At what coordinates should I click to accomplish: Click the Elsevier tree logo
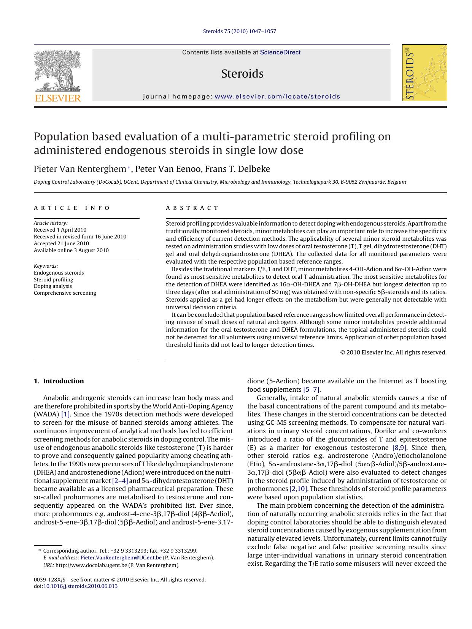click(x=58, y=72)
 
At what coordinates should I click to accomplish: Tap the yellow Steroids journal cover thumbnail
click(x=424, y=73)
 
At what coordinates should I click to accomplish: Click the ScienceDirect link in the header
click(x=280, y=52)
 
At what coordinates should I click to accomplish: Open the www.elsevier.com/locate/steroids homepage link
click(x=277, y=97)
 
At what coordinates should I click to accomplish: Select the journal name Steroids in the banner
click(x=242, y=74)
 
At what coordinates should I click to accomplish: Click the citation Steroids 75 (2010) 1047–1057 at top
click(x=240, y=31)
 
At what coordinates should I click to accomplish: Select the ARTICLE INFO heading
click(x=72, y=208)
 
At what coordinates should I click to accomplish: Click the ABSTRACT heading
click(x=192, y=208)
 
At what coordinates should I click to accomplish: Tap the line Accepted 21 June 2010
click(x=61, y=243)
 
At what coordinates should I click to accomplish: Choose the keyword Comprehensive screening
click(x=65, y=293)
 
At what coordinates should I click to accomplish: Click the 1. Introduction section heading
click(x=59, y=381)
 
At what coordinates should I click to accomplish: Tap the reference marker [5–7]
click(x=311, y=389)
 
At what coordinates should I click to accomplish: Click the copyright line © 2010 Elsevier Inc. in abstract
click(x=393, y=353)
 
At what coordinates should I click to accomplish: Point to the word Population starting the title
click(x=58, y=137)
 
